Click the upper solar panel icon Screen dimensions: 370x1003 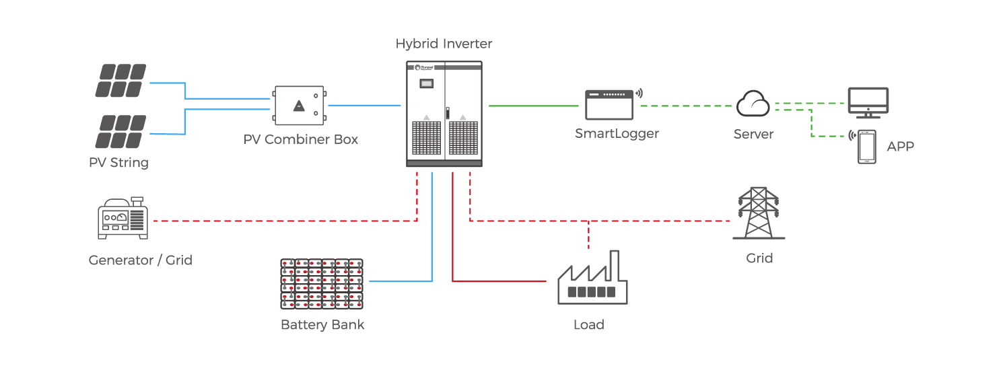coord(120,81)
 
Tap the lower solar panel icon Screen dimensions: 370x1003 coord(120,131)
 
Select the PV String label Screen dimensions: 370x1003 coord(118,163)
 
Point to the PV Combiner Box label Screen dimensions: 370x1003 coord(301,140)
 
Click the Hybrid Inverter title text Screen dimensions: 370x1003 coord(444,44)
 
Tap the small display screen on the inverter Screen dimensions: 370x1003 coord(426,84)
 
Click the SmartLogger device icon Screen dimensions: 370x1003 coord(609,104)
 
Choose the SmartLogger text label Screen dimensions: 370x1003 coord(617,133)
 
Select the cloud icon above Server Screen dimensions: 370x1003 coord(753,104)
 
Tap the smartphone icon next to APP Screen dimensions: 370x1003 coord(867,146)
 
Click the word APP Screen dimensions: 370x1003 coord(901,147)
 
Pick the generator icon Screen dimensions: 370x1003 coord(123,218)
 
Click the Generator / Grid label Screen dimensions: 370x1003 coord(141,260)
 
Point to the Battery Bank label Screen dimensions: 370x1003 coord(322,325)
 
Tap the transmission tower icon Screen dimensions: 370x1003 coord(759,213)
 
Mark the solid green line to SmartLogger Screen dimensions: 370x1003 coord(535,106)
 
